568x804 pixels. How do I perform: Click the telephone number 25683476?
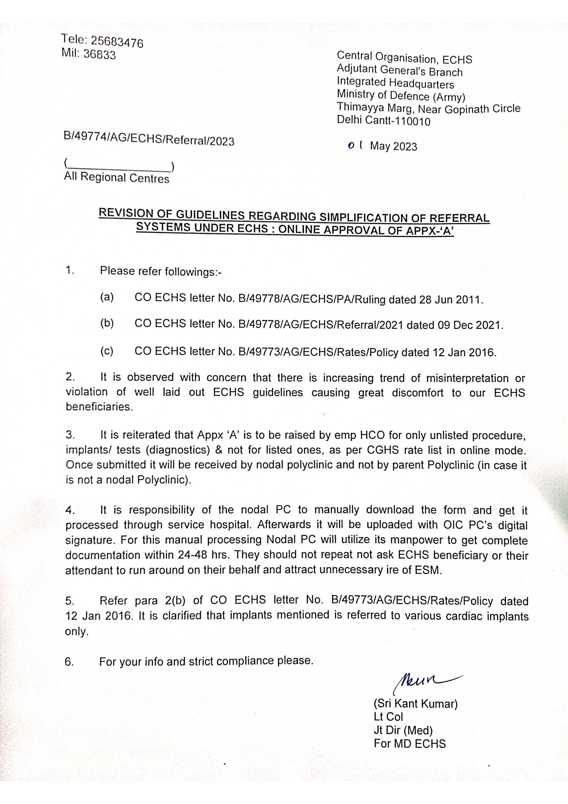point(117,42)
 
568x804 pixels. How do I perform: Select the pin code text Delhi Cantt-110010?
point(383,121)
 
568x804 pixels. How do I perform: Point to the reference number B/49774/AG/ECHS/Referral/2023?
point(149,139)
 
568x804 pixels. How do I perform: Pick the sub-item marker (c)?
point(107,351)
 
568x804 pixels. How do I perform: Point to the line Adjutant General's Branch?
point(399,70)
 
